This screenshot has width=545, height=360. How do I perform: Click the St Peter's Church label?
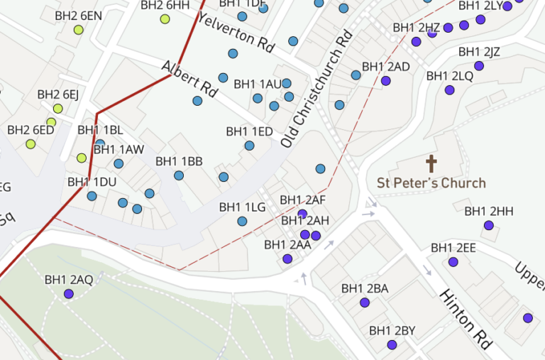point(431,183)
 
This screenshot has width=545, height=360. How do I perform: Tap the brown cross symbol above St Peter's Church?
point(431,164)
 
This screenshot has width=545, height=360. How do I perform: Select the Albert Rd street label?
point(189,78)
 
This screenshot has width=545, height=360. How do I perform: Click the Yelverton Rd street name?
point(236,33)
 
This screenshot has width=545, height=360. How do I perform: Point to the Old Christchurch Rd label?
point(316,89)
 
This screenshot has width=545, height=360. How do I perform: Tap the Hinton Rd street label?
point(466,319)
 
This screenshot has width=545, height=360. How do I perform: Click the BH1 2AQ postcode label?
point(68,280)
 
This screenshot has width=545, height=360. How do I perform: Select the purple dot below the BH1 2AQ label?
point(69,293)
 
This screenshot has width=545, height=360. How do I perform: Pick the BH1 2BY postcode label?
point(392,331)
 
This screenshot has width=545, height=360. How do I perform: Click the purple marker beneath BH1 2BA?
point(365,302)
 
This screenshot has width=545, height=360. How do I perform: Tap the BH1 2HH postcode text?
point(488,212)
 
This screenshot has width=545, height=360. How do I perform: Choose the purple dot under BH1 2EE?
point(453,262)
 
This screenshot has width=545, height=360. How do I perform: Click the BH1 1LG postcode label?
point(242,207)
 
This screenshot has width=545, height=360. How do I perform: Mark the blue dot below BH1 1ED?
point(249,146)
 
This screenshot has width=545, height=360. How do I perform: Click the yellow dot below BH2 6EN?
point(79,30)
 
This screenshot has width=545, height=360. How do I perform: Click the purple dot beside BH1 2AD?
point(386,81)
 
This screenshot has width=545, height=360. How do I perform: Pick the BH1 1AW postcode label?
point(119,150)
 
